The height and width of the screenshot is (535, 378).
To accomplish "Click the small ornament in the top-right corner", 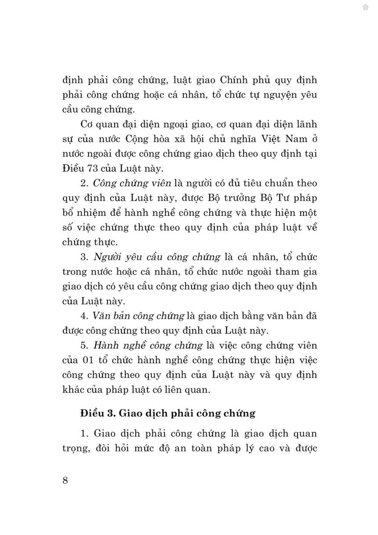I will click(365, 7).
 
